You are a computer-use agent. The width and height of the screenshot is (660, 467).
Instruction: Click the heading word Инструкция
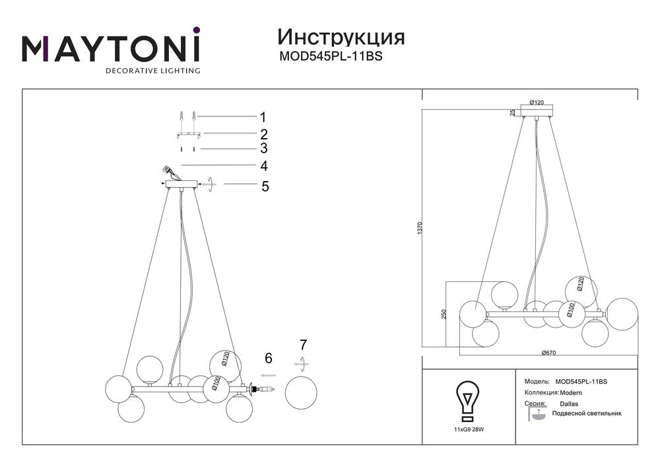coord(341,38)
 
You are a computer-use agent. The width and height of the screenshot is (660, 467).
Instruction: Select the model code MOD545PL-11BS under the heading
coord(331,56)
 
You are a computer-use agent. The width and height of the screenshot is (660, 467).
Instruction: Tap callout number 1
coord(263,117)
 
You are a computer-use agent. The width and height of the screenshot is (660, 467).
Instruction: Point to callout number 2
coord(264,134)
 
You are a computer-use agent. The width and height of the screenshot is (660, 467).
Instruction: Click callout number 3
coord(264,148)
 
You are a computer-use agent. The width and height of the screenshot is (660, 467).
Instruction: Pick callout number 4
coord(264,166)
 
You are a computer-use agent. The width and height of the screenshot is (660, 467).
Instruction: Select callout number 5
coord(265,186)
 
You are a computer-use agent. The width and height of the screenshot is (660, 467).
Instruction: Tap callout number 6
coord(269,359)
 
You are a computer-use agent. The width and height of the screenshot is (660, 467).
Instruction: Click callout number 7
coord(303,345)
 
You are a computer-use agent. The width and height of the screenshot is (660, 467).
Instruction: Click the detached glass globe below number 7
coord(301,392)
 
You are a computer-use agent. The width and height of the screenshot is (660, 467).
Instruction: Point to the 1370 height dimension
coord(420,229)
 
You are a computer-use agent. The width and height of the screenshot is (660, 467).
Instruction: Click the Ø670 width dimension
coord(548,353)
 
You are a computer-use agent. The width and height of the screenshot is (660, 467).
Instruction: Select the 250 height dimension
coord(444,314)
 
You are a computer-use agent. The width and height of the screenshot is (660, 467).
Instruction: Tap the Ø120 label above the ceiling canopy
coord(537,102)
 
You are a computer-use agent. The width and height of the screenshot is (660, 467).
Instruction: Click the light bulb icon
coord(468,402)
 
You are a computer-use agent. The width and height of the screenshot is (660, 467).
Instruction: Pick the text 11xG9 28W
coord(468,429)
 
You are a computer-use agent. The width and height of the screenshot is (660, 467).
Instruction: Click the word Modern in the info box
coord(571,393)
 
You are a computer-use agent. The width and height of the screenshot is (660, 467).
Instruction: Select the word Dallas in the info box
coord(569,404)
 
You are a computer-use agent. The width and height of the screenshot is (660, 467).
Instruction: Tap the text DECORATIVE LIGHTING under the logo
coord(153,71)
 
